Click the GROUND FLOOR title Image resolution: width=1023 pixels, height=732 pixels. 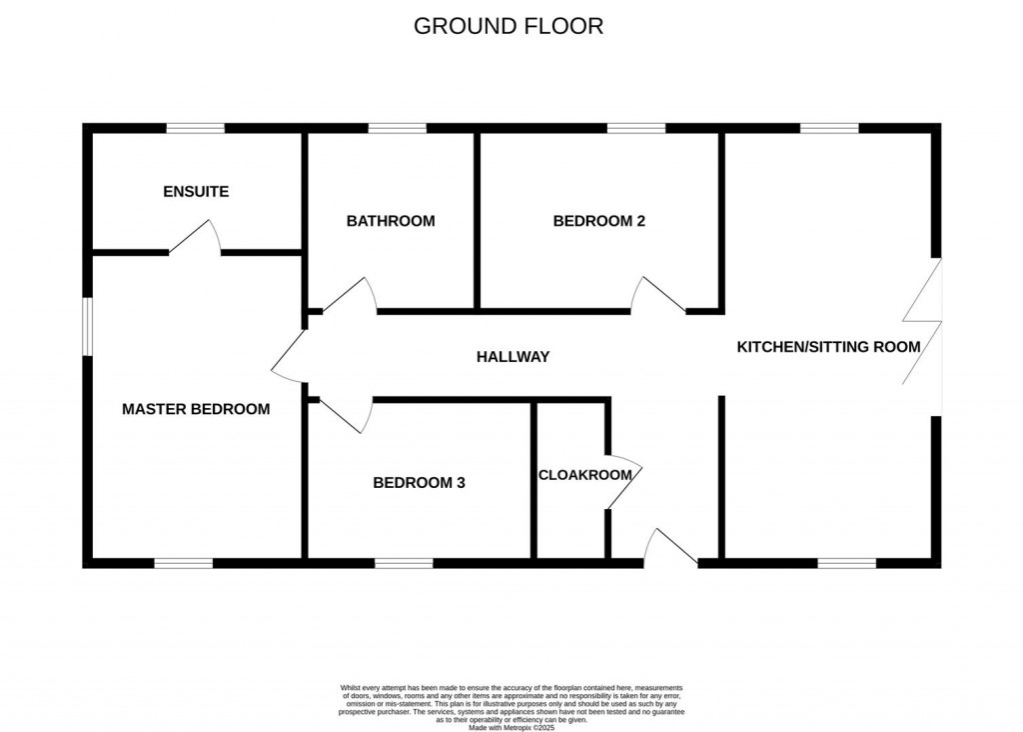point(509,26)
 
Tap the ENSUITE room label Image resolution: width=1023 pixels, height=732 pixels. point(196,191)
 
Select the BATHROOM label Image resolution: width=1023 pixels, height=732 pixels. point(391,221)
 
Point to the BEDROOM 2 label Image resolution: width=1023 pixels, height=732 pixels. point(599,221)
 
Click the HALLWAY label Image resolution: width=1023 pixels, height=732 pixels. point(512,356)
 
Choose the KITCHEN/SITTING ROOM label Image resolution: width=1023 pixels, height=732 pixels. point(828,347)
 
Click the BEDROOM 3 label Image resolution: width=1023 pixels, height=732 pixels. point(420,483)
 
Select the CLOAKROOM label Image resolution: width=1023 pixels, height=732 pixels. point(584,475)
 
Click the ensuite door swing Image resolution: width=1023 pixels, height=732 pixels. point(196,238)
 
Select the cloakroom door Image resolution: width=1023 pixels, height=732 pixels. point(624,484)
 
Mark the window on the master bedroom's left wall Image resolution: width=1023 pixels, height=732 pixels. point(87,326)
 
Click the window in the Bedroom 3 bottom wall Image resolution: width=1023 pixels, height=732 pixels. point(405,563)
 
